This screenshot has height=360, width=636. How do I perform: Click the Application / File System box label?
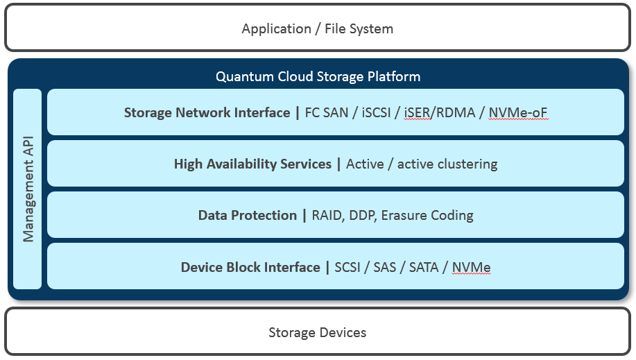[317, 29]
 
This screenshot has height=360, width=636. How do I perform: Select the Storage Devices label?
[317, 332]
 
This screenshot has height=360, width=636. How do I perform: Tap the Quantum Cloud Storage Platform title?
[318, 76]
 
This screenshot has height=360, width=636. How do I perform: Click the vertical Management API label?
[28, 189]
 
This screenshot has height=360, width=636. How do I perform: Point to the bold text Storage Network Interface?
[207, 112]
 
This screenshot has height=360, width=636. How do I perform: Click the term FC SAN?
[327, 112]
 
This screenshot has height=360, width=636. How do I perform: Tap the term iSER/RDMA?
[440, 112]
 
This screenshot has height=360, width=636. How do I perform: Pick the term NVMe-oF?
[518, 112]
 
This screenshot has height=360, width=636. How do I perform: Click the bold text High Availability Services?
[252, 164]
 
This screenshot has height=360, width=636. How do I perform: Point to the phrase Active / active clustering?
[422, 164]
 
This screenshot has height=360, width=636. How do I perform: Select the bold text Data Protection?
[247, 216]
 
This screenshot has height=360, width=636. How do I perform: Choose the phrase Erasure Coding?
[427, 216]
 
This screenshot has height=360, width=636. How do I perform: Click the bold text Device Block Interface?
[250, 267]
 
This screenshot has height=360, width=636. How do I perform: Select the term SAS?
[384, 267]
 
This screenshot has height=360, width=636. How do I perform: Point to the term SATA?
[423, 267]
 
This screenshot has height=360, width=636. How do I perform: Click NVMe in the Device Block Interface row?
[471, 267]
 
